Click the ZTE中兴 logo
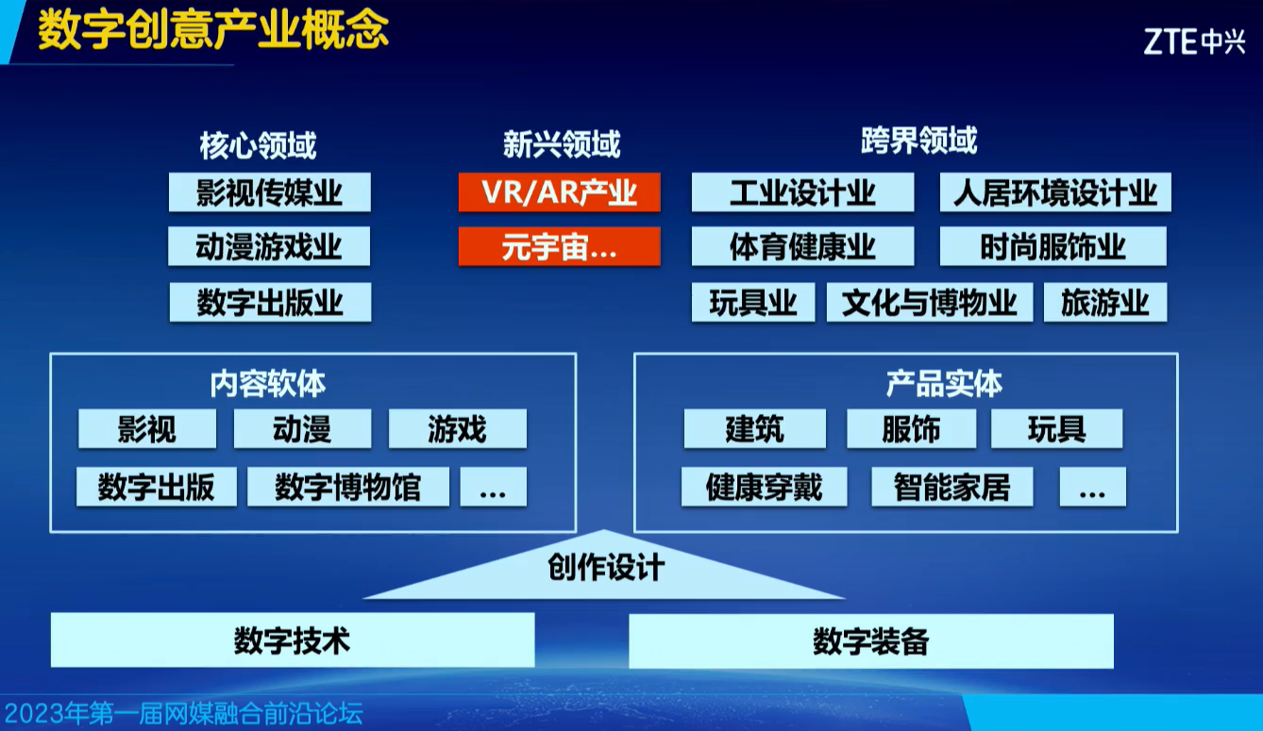point(1194,42)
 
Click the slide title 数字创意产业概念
point(213,29)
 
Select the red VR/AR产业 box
point(560,192)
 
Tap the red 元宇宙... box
point(560,246)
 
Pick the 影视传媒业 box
point(270,192)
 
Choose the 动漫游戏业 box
point(269,246)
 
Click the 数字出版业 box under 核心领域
point(270,302)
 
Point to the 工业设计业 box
point(803,192)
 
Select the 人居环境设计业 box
point(1055,192)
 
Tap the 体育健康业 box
point(803,246)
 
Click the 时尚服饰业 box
point(1053,246)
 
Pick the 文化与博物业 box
point(930,302)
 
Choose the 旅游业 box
point(1105,302)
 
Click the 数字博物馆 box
point(348,487)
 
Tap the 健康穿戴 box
point(764,487)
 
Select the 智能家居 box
point(952,487)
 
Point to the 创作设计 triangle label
point(606,567)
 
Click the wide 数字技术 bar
point(293,640)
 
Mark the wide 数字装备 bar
point(871,640)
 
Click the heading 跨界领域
point(919,141)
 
